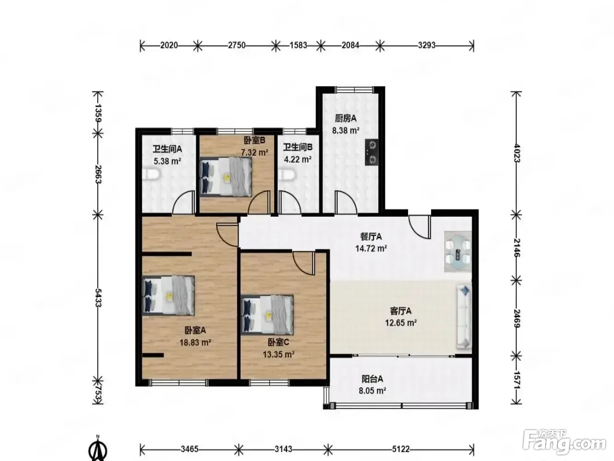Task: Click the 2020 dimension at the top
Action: [x=169, y=45]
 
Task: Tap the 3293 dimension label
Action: [x=427, y=45]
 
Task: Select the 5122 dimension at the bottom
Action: [x=401, y=449]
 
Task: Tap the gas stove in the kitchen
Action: [x=372, y=152]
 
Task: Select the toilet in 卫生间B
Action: [x=287, y=175]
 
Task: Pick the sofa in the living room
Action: [x=464, y=317]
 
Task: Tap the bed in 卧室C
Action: [x=268, y=314]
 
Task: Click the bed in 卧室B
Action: [x=225, y=177]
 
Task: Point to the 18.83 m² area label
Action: [x=195, y=343]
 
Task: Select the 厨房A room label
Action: [x=346, y=118]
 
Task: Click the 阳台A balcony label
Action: [x=372, y=379]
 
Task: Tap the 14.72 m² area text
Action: [x=371, y=248]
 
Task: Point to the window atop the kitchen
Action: [x=354, y=89]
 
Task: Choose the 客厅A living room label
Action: [x=401, y=311]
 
